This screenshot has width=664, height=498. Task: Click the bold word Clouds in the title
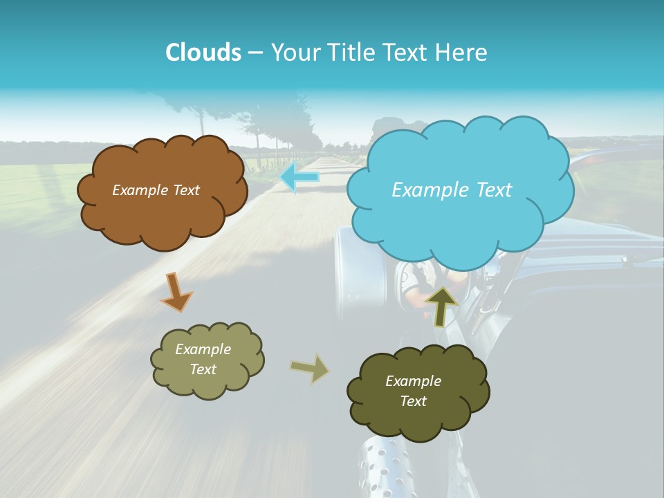[203, 53]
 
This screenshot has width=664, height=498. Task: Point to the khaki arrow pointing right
[309, 369]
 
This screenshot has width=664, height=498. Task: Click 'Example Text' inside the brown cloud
[156, 190]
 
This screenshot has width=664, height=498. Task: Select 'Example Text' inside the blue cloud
[452, 190]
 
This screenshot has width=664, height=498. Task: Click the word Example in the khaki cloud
[203, 349]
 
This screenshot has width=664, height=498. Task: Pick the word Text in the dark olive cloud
[413, 401]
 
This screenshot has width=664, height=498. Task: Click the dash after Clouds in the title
[255, 53]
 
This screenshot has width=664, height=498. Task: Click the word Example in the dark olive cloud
[413, 381]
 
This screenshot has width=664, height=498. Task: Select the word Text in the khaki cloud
[203, 369]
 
